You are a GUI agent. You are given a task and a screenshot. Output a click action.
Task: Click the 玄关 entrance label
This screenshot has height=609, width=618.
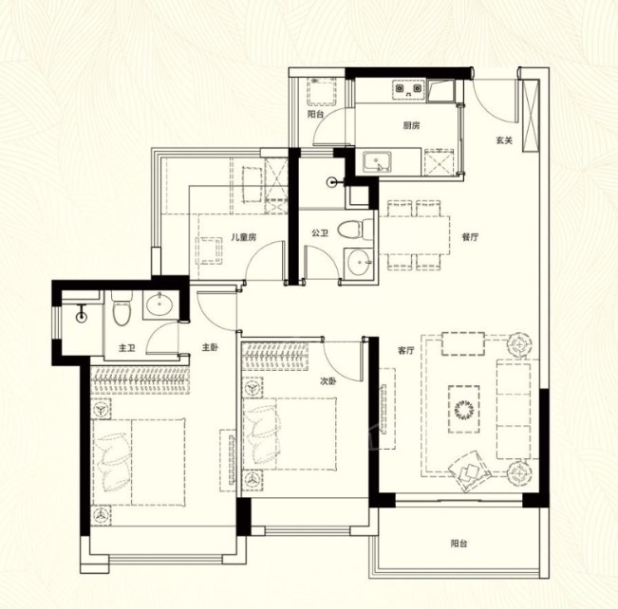pyautogui.click(x=504, y=140)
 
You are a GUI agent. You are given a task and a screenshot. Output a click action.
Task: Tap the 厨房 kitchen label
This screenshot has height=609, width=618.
pyautogui.click(x=411, y=125)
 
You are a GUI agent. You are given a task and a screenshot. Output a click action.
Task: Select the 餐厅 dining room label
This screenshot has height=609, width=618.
pyautogui.click(x=470, y=237)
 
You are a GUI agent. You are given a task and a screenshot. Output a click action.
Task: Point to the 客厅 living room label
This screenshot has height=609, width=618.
pyautogui.click(x=406, y=351)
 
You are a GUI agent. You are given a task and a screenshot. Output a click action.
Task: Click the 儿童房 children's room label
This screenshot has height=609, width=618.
pyautogui.click(x=244, y=237)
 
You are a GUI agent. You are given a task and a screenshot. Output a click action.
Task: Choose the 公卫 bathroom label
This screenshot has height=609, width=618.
pyautogui.click(x=320, y=233)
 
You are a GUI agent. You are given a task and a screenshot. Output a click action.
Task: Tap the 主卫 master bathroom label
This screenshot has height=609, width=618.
pyautogui.click(x=127, y=348)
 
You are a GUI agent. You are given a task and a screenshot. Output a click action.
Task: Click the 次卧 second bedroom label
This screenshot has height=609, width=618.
pyautogui.click(x=328, y=381)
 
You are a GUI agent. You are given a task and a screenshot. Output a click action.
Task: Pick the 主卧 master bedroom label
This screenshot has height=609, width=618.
pyautogui.click(x=211, y=347)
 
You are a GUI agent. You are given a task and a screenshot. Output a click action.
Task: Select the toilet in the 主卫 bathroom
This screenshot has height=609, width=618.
pyautogui.click(x=121, y=308)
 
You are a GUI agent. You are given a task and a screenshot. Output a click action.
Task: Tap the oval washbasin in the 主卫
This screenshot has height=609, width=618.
pyautogui.click(x=159, y=304)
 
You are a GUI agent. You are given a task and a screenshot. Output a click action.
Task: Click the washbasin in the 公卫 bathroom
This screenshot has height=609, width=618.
pyautogui.click(x=358, y=262)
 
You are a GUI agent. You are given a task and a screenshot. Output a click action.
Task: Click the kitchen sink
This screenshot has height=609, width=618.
pyautogui.click(x=377, y=162)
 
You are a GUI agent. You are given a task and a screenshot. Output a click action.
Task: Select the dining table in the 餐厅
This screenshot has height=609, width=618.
pyautogui.click(x=414, y=234)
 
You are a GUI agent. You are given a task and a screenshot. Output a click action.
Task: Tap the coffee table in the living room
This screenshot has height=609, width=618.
pyautogui.click(x=464, y=409)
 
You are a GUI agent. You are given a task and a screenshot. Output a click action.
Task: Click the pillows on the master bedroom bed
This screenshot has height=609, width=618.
pyautogui.click(x=115, y=461)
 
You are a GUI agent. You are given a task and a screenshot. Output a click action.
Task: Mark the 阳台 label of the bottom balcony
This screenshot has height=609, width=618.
pyautogui.click(x=459, y=544)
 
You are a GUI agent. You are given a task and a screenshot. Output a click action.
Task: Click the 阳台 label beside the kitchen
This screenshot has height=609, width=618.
pyautogui.click(x=316, y=115)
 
